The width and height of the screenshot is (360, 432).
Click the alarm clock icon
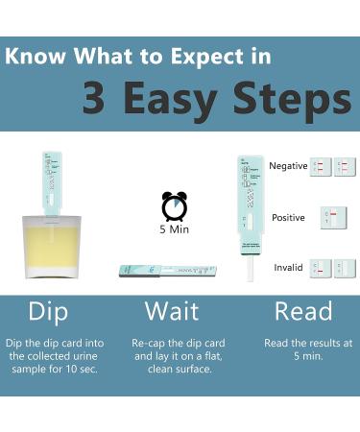coord(174,206)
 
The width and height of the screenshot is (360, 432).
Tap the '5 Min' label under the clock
coord(174,230)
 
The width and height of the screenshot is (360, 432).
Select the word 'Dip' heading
coord(48,311)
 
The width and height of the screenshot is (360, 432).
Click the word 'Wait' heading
coord(172,311)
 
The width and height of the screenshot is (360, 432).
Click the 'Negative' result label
coord(288,166)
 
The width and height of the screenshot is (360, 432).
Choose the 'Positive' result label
coord(288,218)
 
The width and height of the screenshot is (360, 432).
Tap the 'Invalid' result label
coord(289,268)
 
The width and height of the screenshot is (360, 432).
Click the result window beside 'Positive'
coord(332,218)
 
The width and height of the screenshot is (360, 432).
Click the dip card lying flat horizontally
coord(167,272)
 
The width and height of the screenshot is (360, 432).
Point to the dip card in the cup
coord(51,182)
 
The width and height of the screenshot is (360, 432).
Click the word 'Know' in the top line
coord(35,55)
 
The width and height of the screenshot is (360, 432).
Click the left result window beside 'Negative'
coord(321,167)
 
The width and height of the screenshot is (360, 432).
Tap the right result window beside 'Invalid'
coord(345,269)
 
